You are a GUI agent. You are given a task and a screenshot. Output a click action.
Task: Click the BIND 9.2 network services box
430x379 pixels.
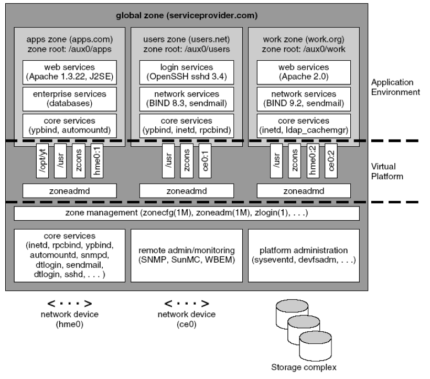300,99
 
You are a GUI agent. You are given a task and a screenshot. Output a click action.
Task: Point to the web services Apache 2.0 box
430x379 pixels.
300,72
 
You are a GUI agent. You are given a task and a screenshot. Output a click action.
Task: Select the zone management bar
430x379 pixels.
186,213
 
